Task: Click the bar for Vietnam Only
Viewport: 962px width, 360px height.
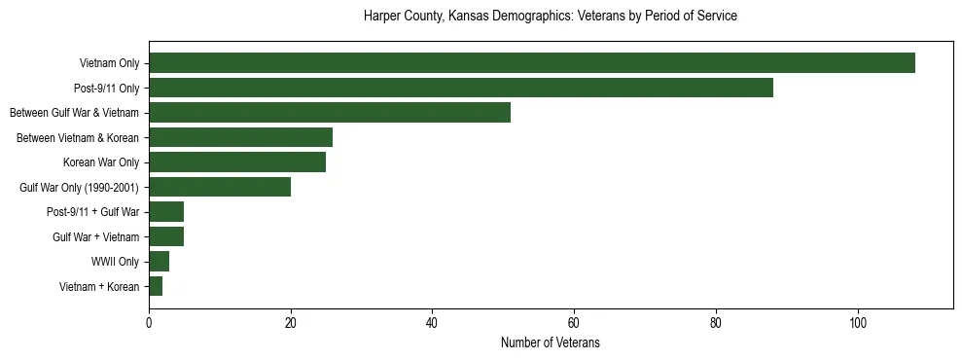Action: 531,63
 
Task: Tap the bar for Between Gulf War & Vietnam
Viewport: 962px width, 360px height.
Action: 329,113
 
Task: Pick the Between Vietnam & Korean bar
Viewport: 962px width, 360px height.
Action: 240,137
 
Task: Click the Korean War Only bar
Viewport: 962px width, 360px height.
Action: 236,162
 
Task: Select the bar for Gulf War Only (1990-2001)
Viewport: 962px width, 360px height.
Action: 219,187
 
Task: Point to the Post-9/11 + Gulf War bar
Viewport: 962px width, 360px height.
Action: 166,212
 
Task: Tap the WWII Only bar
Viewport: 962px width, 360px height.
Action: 159,262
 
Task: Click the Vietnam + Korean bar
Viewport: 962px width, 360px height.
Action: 156,286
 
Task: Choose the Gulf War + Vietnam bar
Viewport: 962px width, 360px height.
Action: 166,236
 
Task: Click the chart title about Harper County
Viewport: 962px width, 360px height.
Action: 550,17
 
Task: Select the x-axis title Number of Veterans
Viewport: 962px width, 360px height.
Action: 550,343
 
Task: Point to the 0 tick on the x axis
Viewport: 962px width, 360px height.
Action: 149,323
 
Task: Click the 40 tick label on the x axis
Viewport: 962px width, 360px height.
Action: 432,323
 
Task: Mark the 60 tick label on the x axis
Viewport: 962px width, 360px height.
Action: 574,323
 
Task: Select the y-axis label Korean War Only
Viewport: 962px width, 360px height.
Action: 101,162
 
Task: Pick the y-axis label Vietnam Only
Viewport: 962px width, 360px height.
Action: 109,63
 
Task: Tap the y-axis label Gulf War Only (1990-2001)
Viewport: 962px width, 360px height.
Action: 80,187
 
